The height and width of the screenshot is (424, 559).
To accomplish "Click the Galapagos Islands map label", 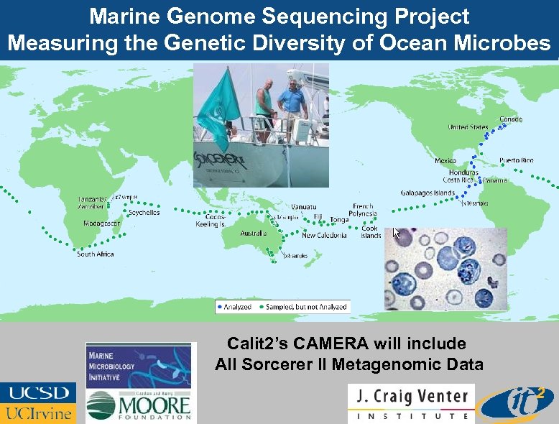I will [428, 193].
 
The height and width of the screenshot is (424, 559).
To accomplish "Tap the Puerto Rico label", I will [516, 160].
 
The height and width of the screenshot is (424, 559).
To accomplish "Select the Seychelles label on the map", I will [144, 213].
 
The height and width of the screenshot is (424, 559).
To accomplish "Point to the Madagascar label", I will [102, 223].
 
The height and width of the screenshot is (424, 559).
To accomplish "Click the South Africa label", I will [96, 254].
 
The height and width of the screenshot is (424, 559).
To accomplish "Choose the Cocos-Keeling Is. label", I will [212, 221].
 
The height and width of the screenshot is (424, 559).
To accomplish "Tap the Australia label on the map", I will [253, 234].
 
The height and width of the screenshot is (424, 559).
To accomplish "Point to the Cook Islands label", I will [371, 232].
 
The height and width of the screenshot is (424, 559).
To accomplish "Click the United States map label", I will [468, 127].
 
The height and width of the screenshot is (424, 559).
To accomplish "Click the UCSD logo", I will [39, 393].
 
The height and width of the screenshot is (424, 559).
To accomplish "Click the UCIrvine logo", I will [39, 413].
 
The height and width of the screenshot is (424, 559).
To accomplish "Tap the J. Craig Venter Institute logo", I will [411, 403].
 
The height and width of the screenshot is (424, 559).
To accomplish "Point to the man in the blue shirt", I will [292, 101].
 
